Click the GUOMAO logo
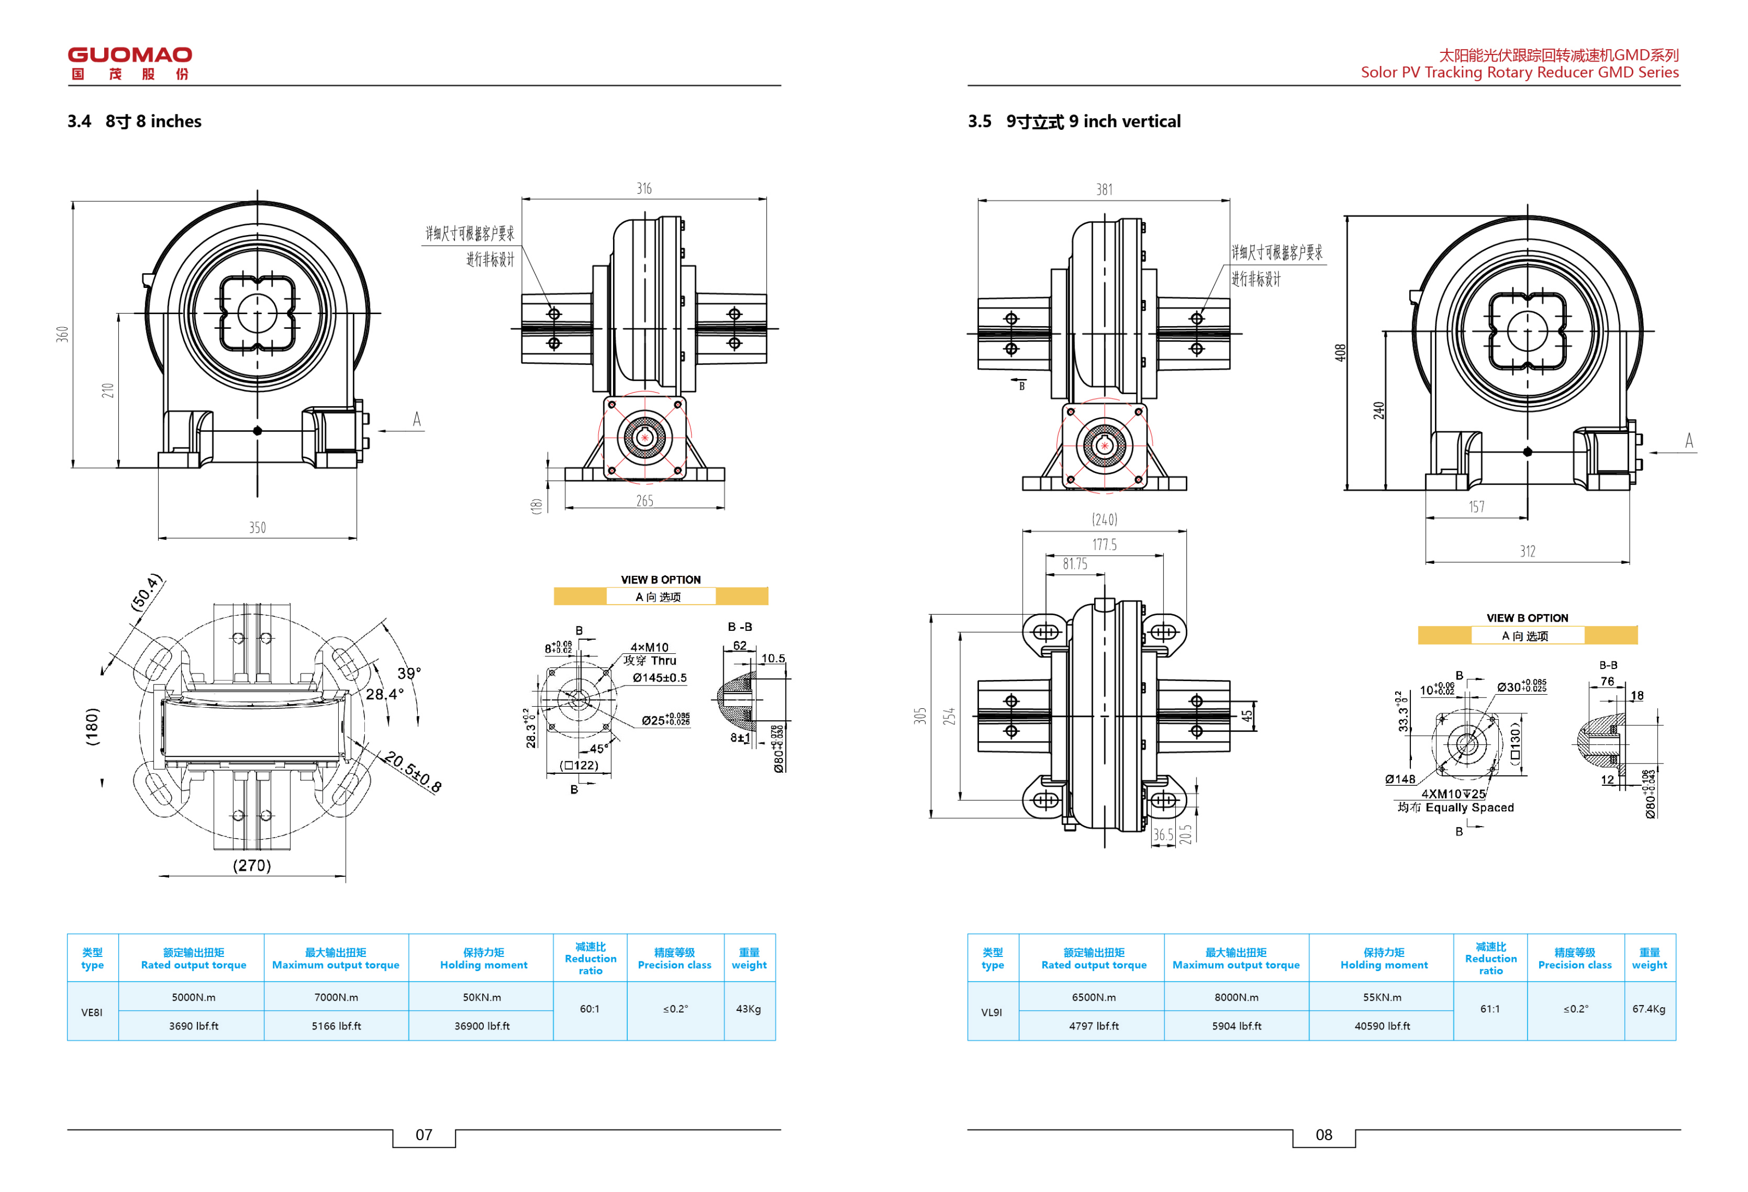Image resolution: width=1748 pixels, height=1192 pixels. click(x=129, y=63)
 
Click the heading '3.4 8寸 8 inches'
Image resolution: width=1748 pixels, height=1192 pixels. click(x=135, y=122)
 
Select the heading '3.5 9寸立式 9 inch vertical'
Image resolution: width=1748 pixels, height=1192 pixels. click(x=1073, y=122)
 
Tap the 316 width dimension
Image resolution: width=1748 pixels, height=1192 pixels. click(x=644, y=189)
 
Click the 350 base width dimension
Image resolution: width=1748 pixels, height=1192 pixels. click(x=257, y=528)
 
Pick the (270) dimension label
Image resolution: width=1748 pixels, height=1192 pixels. click(x=252, y=865)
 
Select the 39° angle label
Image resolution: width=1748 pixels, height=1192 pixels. click(x=409, y=673)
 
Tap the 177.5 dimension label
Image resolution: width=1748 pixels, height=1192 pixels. click(x=1104, y=545)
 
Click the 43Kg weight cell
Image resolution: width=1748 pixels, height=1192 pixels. click(x=748, y=1009)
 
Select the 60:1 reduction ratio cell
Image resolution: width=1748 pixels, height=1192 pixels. click(x=590, y=1009)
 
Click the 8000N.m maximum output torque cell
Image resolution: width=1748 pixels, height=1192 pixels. click(x=1236, y=998)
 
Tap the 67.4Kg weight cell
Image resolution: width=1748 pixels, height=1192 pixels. click(x=1649, y=1009)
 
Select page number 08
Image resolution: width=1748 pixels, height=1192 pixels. click(x=1324, y=1135)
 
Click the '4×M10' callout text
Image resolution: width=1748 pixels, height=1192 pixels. click(x=649, y=647)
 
